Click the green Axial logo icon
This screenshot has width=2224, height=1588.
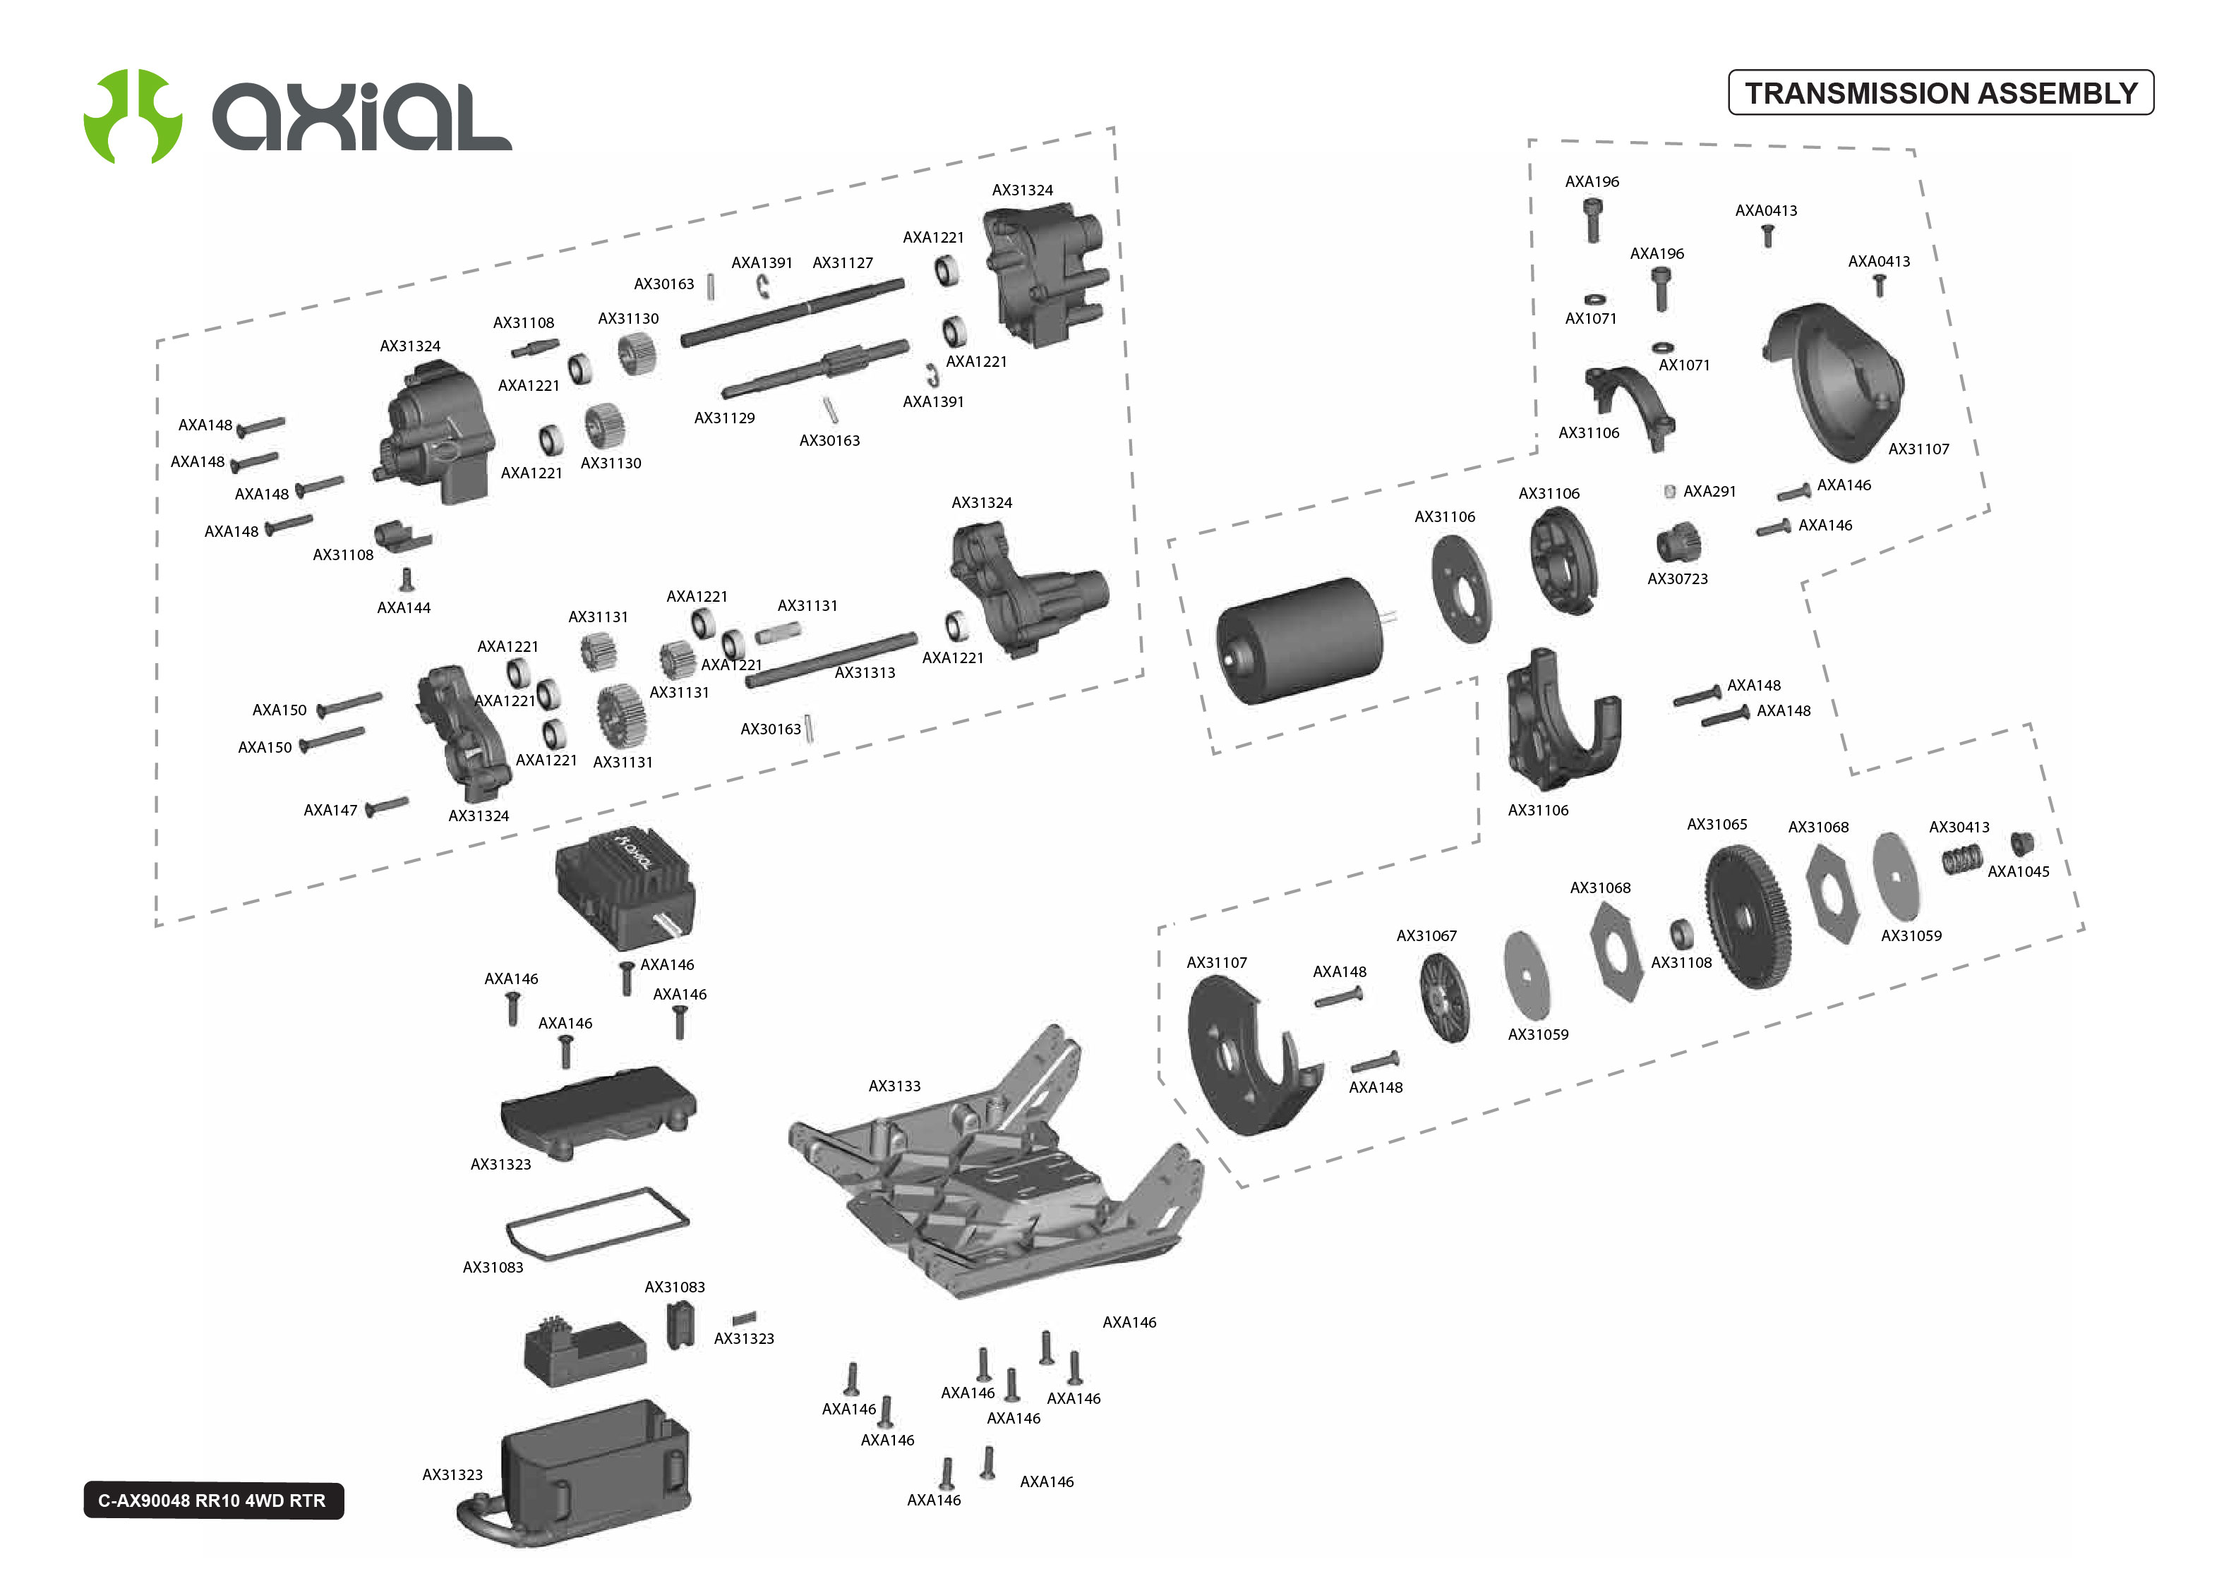[132, 116]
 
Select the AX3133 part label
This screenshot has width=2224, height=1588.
[894, 1086]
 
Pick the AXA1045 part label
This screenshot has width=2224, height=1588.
[2018, 871]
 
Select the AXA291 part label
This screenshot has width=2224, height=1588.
[1709, 491]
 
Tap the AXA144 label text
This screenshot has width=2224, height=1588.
[403, 607]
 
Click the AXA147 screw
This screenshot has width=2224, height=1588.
[387, 806]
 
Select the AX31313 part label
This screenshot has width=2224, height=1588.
[865, 673]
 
